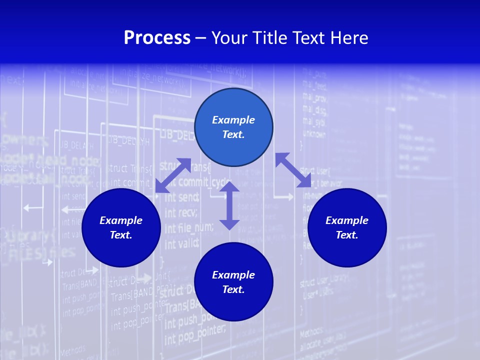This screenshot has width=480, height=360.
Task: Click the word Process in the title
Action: point(157,38)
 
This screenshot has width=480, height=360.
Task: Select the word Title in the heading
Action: point(273,38)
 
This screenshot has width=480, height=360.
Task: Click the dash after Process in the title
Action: point(200,38)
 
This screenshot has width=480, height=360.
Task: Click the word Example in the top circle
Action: point(233,120)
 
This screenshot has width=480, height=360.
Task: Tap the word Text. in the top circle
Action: point(233,134)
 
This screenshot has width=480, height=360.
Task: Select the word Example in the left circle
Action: point(121,220)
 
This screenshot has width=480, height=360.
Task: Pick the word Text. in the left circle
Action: point(121,235)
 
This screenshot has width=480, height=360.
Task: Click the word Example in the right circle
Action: point(347,220)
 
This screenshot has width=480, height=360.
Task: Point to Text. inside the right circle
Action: point(347,235)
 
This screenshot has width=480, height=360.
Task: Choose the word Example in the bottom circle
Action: point(233,275)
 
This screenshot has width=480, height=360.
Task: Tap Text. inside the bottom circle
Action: point(233,289)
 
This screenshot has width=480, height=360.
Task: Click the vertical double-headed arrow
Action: point(229,205)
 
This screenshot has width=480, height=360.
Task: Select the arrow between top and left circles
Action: point(173,175)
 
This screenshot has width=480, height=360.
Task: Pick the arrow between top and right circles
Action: point(293,170)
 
